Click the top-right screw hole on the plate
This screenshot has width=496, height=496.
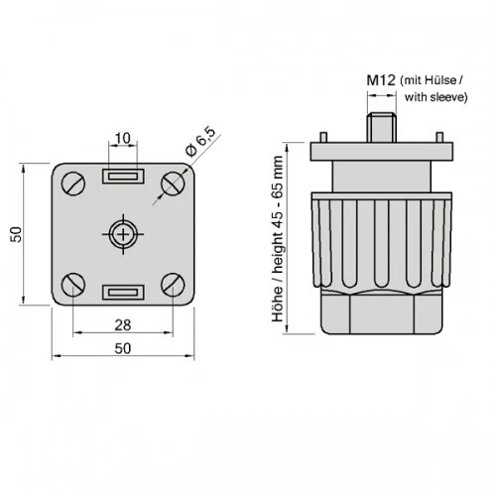point(174,182)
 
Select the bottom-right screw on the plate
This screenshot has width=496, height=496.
point(174,285)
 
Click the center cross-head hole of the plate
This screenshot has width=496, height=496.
point(124,234)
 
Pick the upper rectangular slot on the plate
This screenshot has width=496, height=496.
point(124,177)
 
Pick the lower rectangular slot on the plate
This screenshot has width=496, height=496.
point(124,292)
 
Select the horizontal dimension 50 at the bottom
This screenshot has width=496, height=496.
point(124,348)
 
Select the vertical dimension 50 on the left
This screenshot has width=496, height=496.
point(16,234)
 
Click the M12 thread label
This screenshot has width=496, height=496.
point(382,79)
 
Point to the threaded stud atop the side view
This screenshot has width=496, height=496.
point(382,128)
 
